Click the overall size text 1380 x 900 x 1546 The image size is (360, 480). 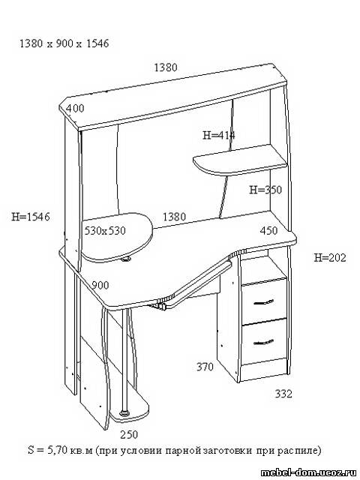point(64,43)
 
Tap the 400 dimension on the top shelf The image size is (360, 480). point(75,108)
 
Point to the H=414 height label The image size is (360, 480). point(219,135)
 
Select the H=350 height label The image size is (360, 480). point(265,190)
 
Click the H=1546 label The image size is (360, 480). point(31,217)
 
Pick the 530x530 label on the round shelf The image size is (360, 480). point(105,230)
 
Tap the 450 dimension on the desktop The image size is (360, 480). point(268,230)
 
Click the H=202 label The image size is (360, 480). point(330,258)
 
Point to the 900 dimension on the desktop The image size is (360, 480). point(100,285)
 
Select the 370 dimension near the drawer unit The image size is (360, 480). point(205,367)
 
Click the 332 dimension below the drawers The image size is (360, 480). point(283,394)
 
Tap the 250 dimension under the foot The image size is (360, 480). point(129,434)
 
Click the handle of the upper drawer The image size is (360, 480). point(264,301)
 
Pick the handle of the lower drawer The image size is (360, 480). point(264,342)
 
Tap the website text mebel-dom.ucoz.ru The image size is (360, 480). point(309,472)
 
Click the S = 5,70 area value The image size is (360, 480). point(47,450)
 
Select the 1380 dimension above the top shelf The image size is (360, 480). point(165,67)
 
